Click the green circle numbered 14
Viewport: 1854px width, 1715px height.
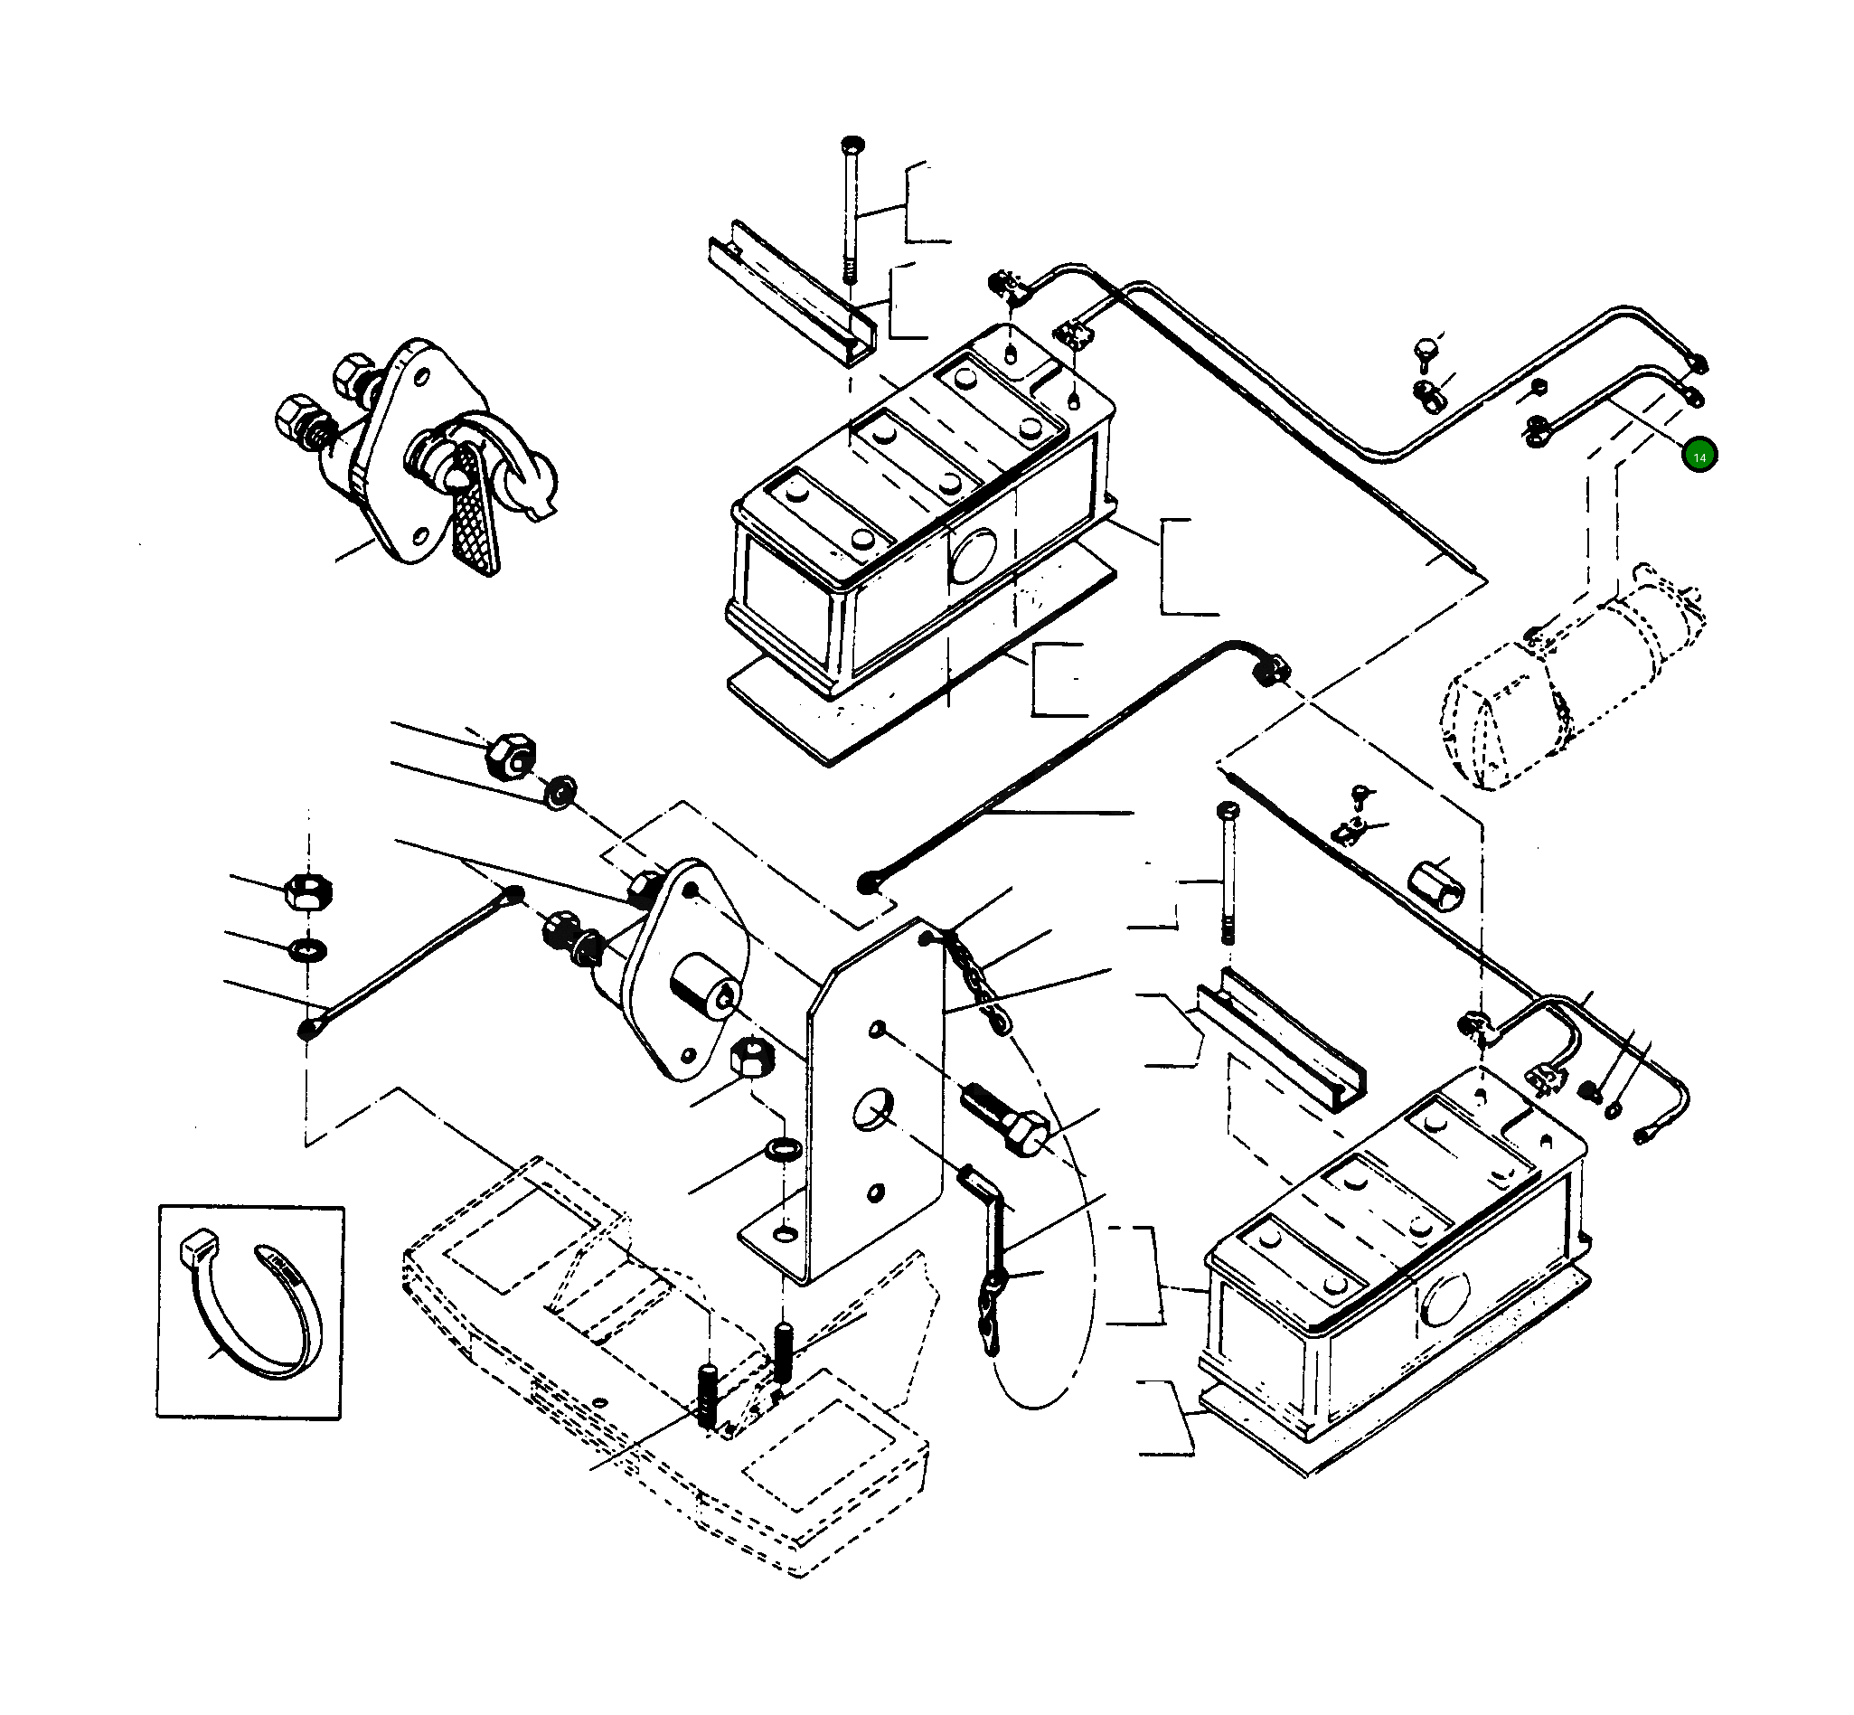(1699, 457)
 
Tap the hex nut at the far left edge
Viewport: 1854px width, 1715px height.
(307, 890)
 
